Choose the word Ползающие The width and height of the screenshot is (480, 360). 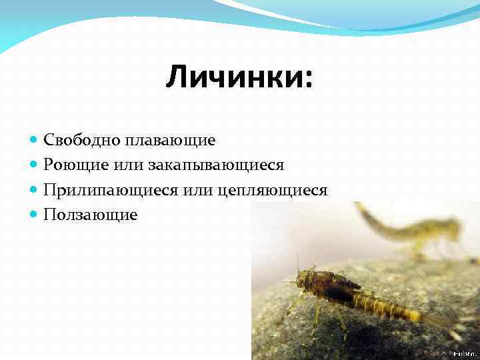[91, 215]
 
